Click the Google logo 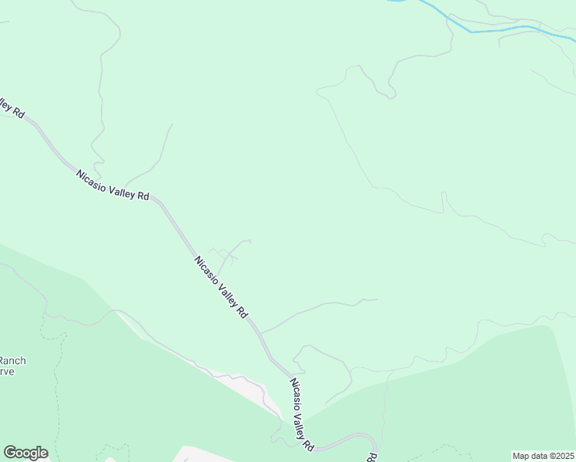click(x=25, y=453)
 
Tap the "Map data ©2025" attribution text click(x=543, y=455)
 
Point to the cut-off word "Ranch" click(x=13, y=360)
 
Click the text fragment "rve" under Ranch click(x=8, y=370)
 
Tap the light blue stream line click(x=501, y=29)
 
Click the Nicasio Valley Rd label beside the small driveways click(x=221, y=286)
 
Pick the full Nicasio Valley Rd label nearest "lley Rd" click(x=112, y=185)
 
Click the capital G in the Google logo click(x=11, y=453)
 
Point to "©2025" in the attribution click(x=560, y=455)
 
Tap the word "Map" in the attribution click(x=522, y=455)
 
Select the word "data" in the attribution click(x=538, y=455)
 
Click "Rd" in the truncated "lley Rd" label click(x=18, y=113)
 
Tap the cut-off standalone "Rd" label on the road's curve click(x=371, y=457)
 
